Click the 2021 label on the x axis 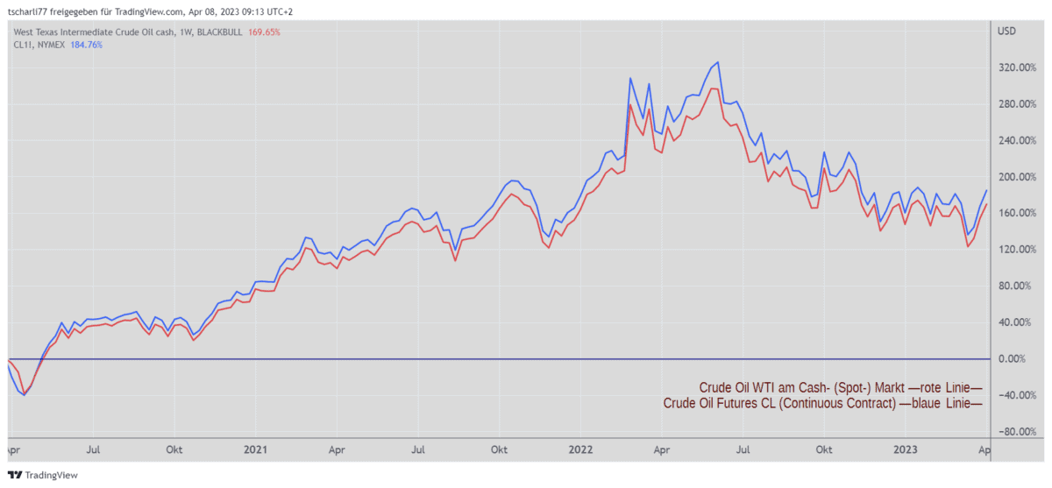(254, 449)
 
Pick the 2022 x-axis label (579, 449)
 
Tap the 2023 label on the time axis (904, 449)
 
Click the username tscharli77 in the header (30, 11)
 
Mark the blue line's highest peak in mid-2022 (718, 62)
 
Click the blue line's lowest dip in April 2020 (25, 395)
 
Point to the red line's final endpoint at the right (986, 204)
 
